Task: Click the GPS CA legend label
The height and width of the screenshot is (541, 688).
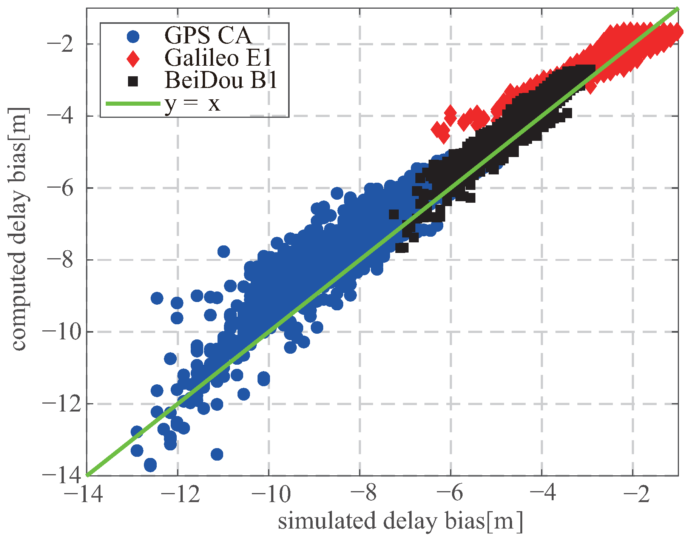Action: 207,35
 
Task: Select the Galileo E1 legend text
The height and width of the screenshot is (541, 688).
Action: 218,58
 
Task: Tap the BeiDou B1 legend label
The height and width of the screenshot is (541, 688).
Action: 221,80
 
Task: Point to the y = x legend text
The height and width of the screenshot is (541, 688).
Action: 192,103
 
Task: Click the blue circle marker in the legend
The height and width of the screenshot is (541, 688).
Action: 133,36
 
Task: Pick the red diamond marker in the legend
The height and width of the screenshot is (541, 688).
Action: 133,59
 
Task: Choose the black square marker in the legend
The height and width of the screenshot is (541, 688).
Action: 133,81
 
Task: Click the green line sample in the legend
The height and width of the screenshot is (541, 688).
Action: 133,103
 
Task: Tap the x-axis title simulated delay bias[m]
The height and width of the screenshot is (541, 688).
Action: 400,521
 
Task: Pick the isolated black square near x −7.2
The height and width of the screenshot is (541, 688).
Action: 394,214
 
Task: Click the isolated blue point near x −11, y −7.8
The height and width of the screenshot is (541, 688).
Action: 224,251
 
